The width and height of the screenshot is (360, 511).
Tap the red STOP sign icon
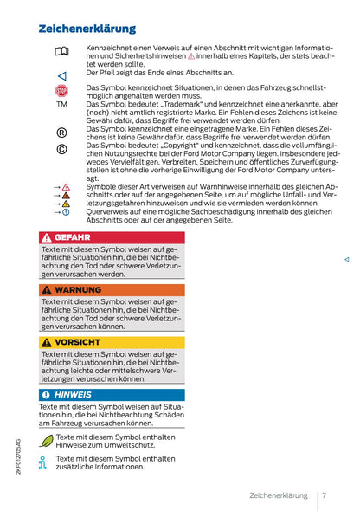(x=61, y=90)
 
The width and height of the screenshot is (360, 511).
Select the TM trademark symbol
(x=61, y=104)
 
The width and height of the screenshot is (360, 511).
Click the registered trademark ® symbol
(x=61, y=132)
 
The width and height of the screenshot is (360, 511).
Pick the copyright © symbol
(x=61, y=149)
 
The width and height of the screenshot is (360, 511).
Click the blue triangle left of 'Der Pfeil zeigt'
(x=61, y=75)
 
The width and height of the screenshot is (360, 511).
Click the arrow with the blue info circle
(x=61, y=211)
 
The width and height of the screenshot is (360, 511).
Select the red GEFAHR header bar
(x=112, y=236)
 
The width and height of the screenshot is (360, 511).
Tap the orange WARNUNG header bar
(x=112, y=289)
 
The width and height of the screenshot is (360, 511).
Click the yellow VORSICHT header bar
(x=112, y=342)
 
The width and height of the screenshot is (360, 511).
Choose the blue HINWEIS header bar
(x=112, y=395)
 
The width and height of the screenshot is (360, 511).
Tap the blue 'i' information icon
(x=44, y=462)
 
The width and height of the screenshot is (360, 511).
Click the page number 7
(x=323, y=495)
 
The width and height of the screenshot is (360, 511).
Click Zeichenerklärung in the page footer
(x=278, y=495)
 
